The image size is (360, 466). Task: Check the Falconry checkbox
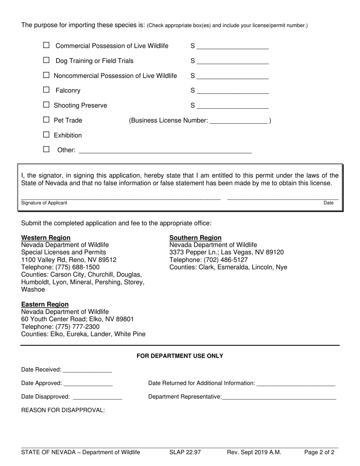point(46,90)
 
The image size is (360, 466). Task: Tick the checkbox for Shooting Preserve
point(46,105)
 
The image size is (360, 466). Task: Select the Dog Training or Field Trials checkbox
point(46,60)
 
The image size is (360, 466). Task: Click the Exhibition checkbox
point(46,134)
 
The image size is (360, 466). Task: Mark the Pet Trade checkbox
point(46,120)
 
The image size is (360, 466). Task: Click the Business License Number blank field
point(238,121)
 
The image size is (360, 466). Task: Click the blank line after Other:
point(165,150)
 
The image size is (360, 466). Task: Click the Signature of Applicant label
point(44,203)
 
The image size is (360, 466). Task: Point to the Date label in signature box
point(329,203)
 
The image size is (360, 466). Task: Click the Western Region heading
point(46,238)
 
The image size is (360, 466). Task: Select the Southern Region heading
point(195,238)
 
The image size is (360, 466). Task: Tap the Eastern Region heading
point(45,305)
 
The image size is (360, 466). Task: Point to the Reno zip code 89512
point(107,260)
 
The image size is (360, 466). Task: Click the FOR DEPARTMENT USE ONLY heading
point(180,356)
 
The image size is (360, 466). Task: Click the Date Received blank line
point(88,370)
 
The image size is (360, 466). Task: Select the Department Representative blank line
point(279,397)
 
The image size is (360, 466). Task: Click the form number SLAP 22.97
point(185,452)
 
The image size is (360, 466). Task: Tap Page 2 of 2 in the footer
point(319,452)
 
